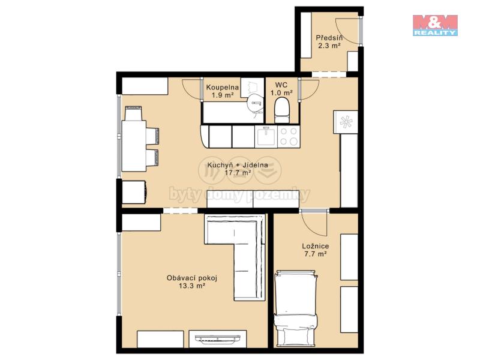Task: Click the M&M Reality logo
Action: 435,25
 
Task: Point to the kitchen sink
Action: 266,137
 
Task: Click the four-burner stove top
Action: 289,137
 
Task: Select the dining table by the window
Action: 134,146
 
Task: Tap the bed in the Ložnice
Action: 296,308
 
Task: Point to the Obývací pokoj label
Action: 192,278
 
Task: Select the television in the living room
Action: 218,338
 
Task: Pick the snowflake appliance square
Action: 346,122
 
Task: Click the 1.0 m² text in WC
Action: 281,92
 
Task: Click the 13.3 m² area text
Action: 191,286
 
